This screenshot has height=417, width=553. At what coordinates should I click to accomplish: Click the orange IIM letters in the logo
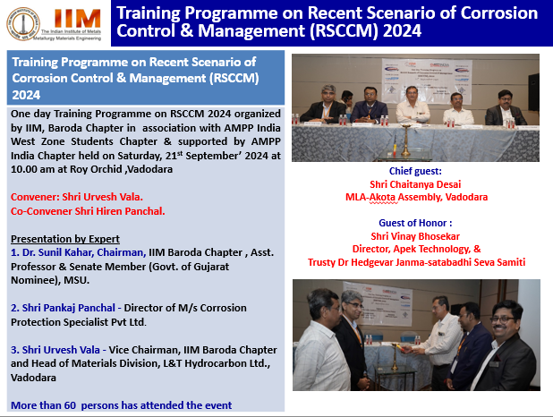click(77, 18)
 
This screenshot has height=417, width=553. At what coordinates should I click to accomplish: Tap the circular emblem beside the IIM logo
click(23, 23)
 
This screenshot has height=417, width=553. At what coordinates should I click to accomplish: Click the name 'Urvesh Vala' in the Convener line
click(103, 197)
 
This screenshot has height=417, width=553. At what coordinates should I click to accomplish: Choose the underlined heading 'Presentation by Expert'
click(65, 239)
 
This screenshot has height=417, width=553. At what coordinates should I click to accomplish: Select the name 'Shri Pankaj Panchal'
click(68, 308)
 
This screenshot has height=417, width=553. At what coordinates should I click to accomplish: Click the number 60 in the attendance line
click(70, 405)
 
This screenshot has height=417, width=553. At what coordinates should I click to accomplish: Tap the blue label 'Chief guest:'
click(415, 171)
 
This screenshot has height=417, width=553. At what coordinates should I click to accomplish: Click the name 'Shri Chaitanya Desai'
click(415, 184)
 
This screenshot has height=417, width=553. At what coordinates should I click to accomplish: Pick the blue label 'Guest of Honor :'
click(415, 223)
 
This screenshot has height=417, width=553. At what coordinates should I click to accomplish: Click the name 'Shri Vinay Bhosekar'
click(415, 236)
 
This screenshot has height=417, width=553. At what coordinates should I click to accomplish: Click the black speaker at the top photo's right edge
click(533, 92)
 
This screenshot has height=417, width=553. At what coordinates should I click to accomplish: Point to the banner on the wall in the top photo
click(427, 81)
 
